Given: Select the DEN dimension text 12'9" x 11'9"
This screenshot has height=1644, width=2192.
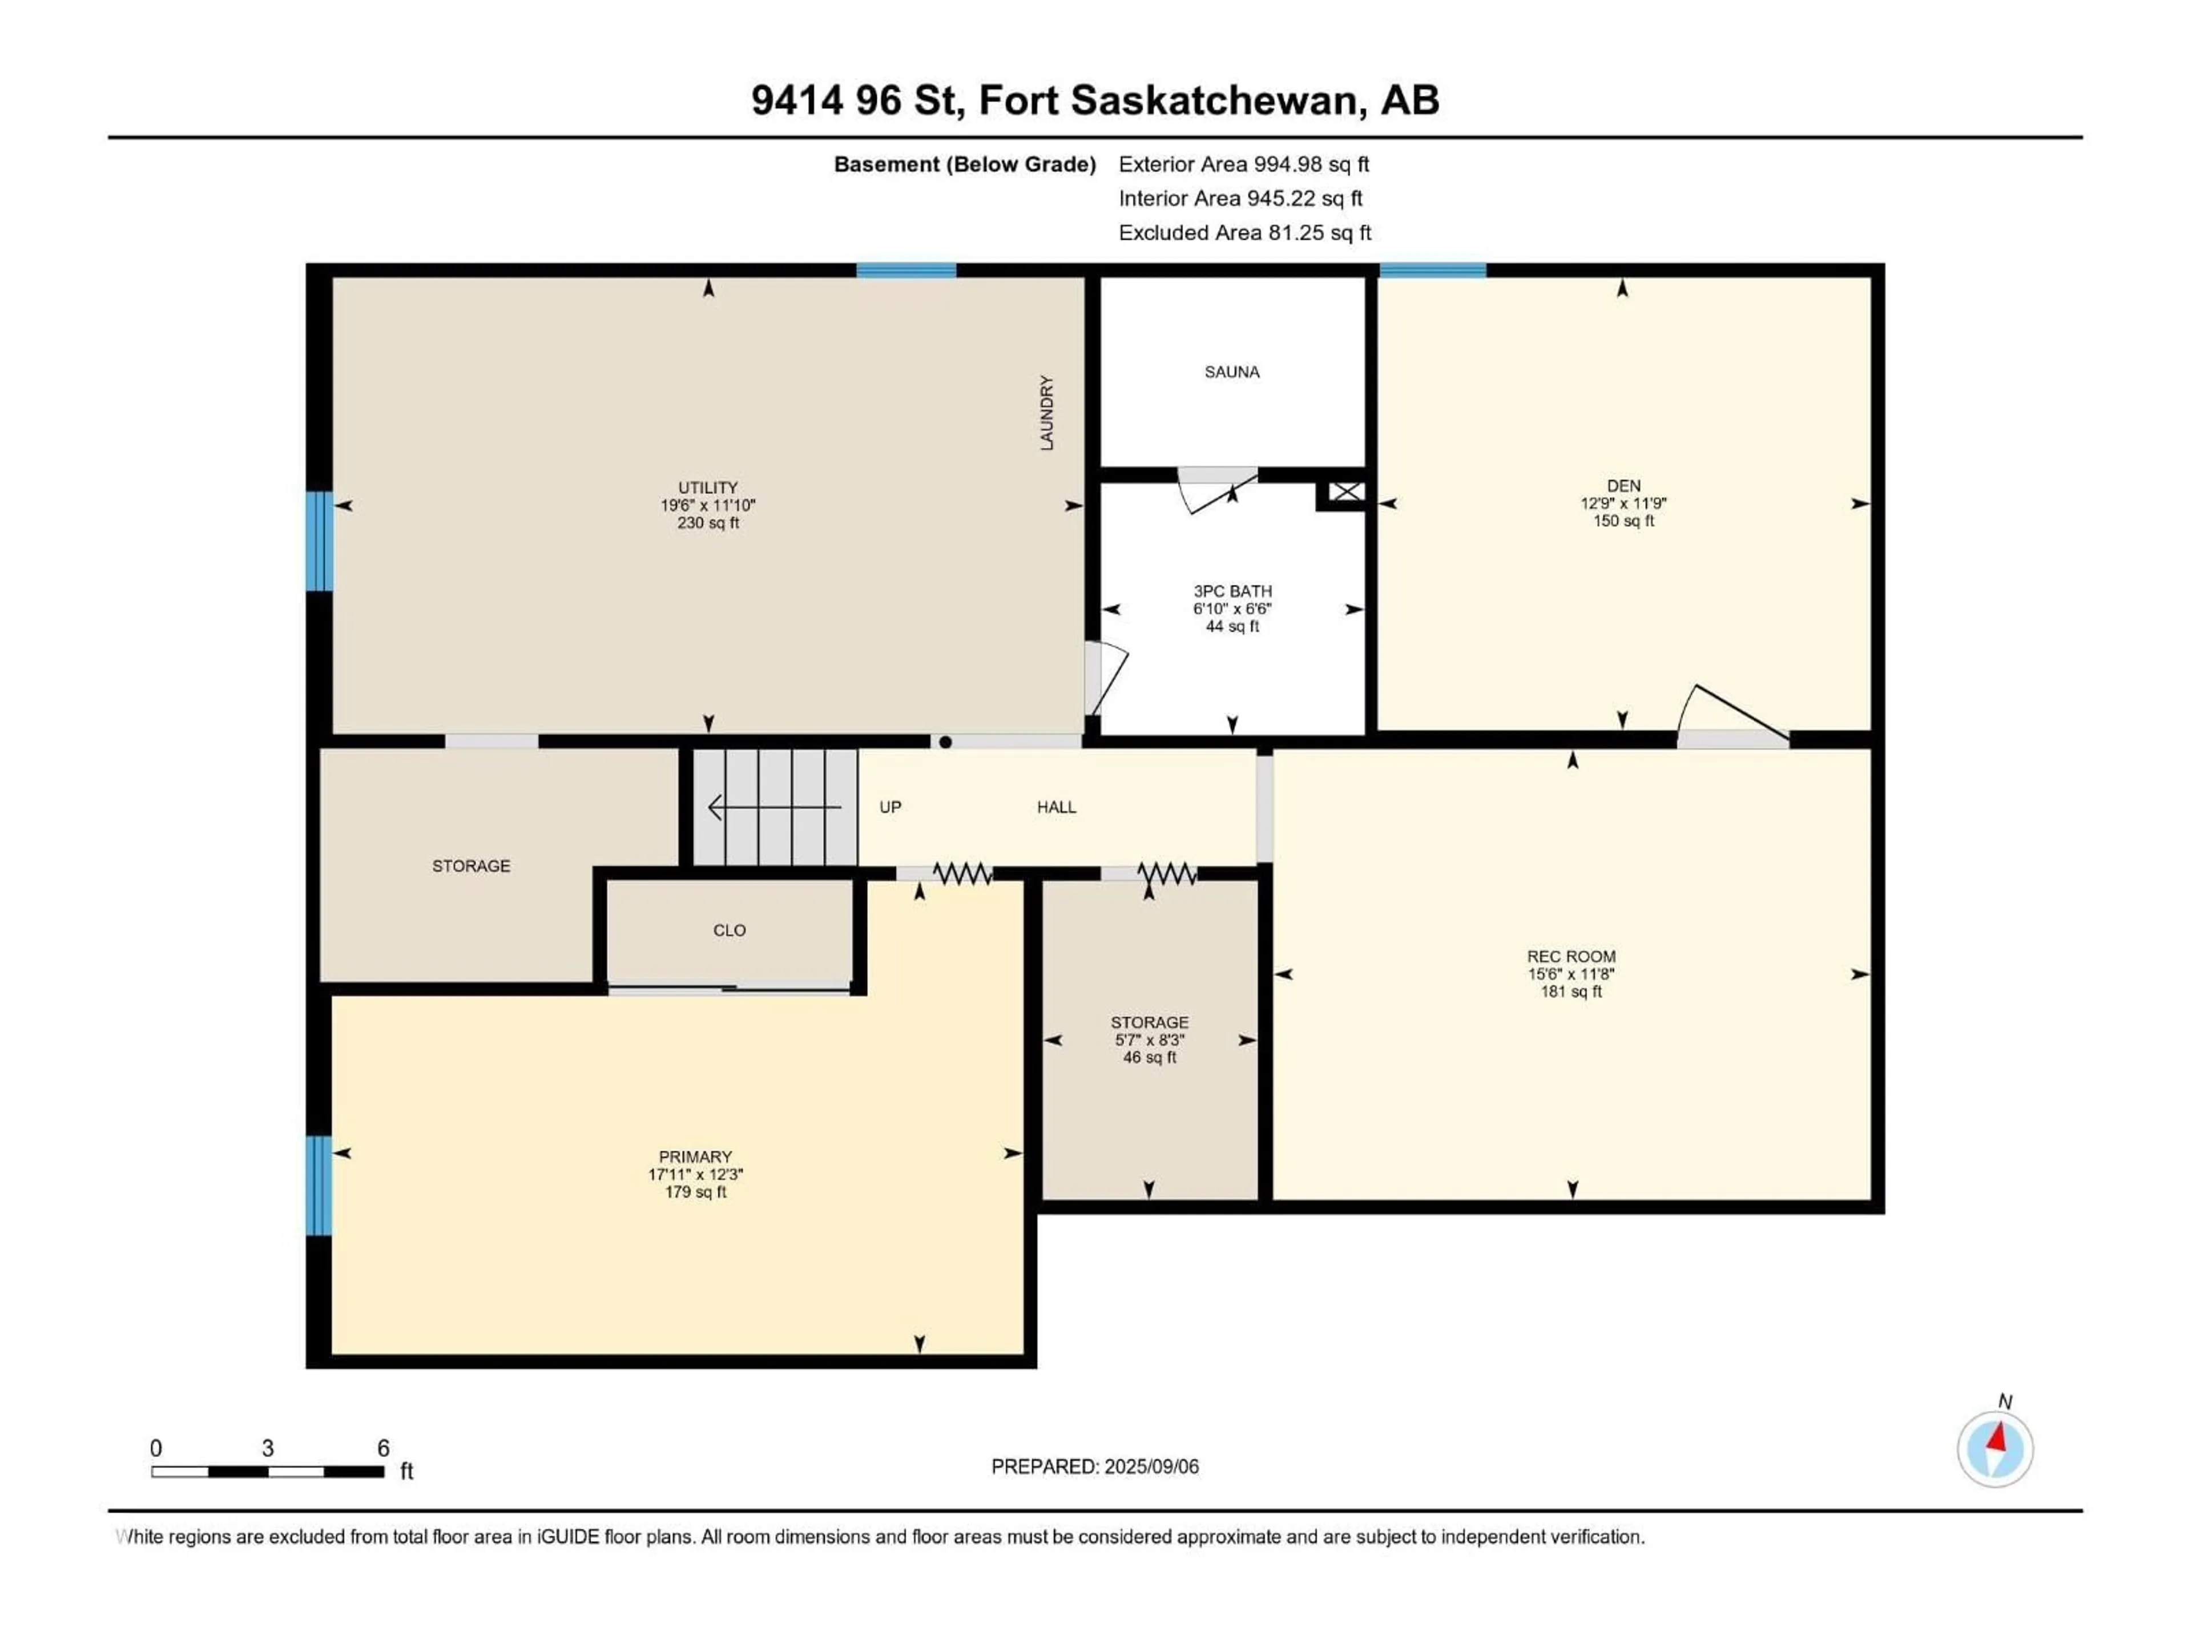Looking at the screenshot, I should pyautogui.click(x=1623, y=503).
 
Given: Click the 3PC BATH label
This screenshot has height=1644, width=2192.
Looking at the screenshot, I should pyautogui.click(x=1232, y=591).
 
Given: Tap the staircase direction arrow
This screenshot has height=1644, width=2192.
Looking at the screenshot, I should pyautogui.click(x=773, y=808).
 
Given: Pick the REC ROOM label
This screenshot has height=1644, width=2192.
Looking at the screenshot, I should pyautogui.click(x=1571, y=956).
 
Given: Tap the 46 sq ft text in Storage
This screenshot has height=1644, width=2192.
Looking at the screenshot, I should pyautogui.click(x=1150, y=1057).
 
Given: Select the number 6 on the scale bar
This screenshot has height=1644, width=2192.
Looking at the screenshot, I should pyautogui.click(x=384, y=1448).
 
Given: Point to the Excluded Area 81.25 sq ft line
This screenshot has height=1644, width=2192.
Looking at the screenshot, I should pyautogui.click(x=1244, y=233).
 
